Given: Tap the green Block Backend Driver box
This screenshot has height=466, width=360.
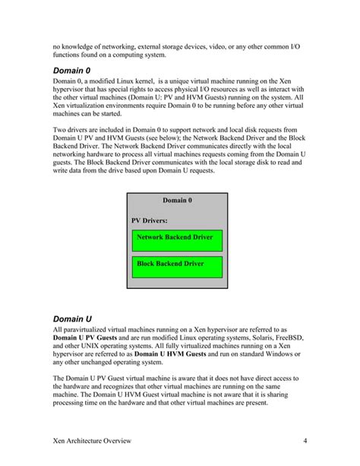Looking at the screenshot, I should (177, 265).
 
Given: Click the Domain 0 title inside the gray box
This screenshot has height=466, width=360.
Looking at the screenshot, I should (177, 201).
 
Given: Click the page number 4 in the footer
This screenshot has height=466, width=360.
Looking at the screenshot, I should (304, 441).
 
